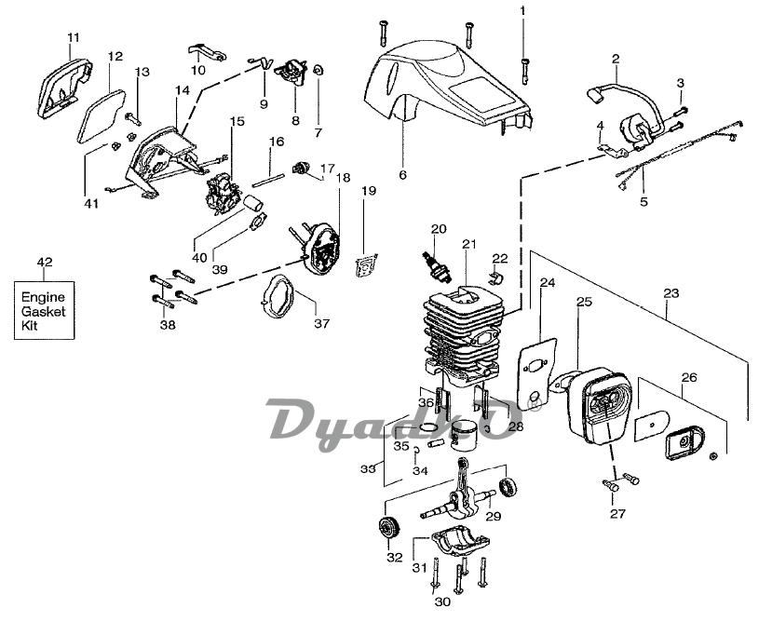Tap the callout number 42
click(43, 262)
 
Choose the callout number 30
click(443, 602)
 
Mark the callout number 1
click(522, 10)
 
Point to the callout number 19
click(369, 191)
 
